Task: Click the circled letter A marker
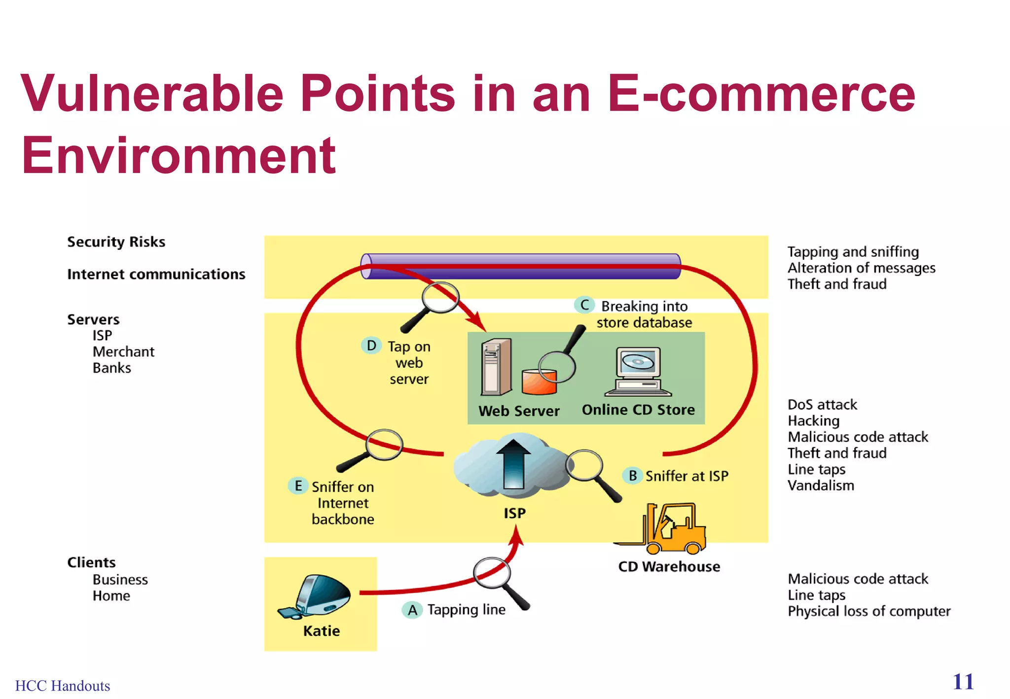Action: (x=412, y=610)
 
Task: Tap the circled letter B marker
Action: (x=632, y=476)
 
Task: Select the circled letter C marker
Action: (x=584, y=305)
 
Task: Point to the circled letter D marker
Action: (x=371, y=346)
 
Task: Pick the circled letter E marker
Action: (x=298, y=486)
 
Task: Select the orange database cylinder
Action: (x=539, y=382)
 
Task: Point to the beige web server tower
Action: (x=496, y=367)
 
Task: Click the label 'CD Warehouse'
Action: (x=669, y=567)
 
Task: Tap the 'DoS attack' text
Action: (x=822, y=405)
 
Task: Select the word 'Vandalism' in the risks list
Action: (x=821, y=486)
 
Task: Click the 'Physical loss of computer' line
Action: (x=868, y=611)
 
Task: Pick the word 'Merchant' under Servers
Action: (x=123, y=351)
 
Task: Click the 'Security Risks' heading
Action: (x=116, y=242)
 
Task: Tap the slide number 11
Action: (x=963, y=682)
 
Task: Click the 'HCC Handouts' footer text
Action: (x=63, y=686)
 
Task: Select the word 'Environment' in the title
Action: (x=179, y=155)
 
